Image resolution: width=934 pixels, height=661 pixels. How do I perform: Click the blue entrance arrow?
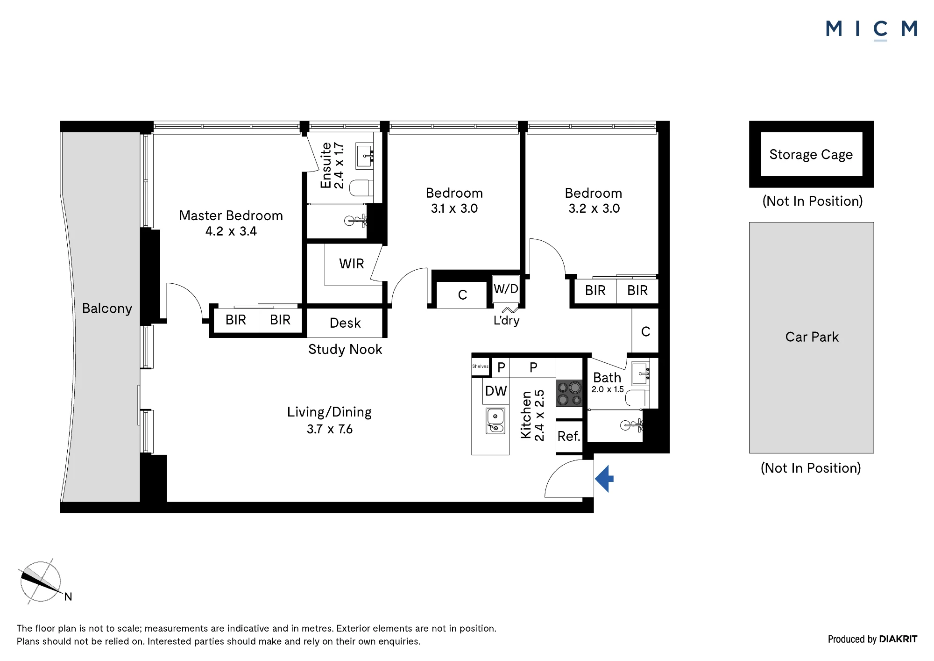pyautogui.click(x=604, y=479)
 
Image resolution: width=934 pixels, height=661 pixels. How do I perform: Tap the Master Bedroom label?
pyautogui.click(x=231, y=216)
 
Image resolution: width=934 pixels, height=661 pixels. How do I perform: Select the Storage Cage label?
pyautogui.click(x=811, y=155)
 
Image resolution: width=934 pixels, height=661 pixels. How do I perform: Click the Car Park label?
pyautogui.click(x=812, y=337)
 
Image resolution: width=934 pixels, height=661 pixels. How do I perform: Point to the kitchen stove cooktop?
pyautogui.click(x=569, y=393)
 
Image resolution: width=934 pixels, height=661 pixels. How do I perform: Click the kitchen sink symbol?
pyautogui.click(x=495, y=421)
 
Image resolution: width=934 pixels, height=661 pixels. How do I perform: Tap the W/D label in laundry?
pyautogui.click(x=506, y=289)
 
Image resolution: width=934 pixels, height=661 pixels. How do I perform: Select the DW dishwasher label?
pyautogui.click(x=496, y=391)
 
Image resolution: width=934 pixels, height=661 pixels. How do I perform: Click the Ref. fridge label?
pyautogui.click(x=569, y=436)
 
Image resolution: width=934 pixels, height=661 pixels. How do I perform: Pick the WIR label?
pyautogui.click(x=352, y=264)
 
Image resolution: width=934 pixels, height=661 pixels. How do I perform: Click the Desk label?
pyautogui.click(x=345, y=323)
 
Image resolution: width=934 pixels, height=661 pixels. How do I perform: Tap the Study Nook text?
pyautogui.click(x=345, y=350)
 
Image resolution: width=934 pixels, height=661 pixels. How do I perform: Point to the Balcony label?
pyautogui.click(x=107, y=309)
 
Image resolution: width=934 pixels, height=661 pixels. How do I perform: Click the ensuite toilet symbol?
pyautogui.click(x=361, y=188)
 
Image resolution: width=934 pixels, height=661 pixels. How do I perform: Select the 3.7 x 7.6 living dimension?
pyautogui.click(x=330, y=429)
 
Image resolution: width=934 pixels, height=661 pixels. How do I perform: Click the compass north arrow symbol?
pyautogui.click(x=41, y=582)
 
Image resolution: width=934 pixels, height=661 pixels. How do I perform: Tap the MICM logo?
pyautogui.click(x=872, y=29)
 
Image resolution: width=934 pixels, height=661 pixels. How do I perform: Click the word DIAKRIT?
pyautogui.click(x=898, y=639)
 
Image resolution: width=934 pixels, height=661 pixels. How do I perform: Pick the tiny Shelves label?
pyautogui.click(x=480, y=366)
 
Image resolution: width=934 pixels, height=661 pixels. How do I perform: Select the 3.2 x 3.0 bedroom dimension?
pyautogui.click(x=594, y=208)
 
